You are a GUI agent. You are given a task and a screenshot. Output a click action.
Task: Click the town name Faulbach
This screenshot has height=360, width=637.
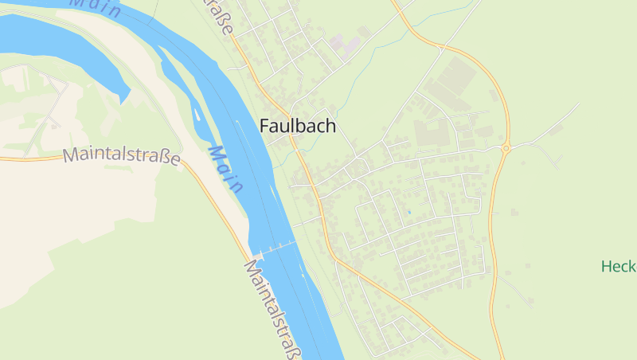click(x=298, y=126)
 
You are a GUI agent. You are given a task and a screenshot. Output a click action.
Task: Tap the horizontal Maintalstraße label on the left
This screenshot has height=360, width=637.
click(x=122, y=155)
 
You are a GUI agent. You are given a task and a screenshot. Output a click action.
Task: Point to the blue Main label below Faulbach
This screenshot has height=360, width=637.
click(x=225, y=169)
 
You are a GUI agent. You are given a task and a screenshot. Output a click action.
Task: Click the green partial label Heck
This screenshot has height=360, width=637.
click(x=619, y=266)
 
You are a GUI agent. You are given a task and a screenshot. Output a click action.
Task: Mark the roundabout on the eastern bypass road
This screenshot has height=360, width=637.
click(x=506, y=147)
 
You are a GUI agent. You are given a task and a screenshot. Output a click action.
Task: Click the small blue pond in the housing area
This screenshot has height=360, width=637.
click(x=408, y=212)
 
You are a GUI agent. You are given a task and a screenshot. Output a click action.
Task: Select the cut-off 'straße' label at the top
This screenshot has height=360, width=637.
click(x=223, y=18)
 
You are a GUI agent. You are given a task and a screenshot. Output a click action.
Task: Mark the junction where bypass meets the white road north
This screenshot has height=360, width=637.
click(x=440, y=49)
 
